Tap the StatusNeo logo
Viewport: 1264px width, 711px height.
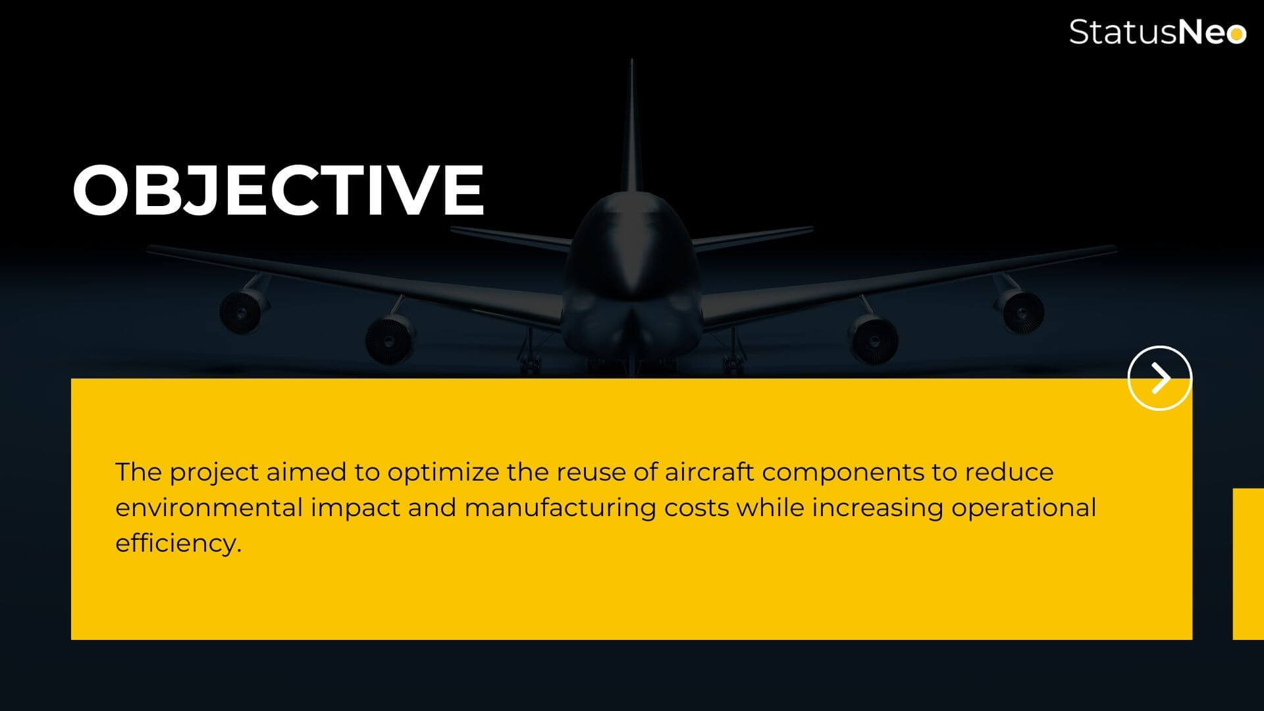click(1157, 32)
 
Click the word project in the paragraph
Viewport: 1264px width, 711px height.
click(214, 473)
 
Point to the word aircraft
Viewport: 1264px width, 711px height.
click(709, 471)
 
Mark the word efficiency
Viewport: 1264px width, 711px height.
click(178, 544)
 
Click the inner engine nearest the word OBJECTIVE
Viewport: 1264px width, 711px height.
click(389, 338)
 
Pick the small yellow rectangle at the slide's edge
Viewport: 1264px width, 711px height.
click(1248, 564)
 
